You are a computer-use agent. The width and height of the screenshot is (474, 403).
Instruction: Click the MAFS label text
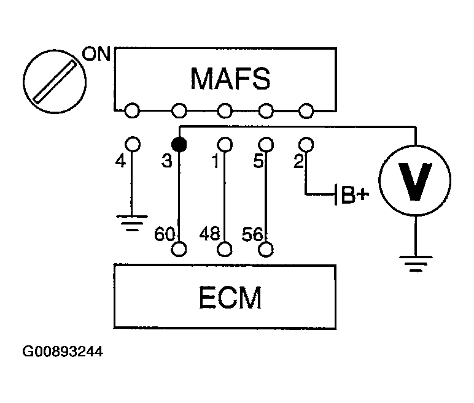[x=230, y=79]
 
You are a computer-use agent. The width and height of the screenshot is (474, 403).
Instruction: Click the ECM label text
[x=230, y=297]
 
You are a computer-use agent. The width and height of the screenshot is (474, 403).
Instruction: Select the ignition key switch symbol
[x=55, y=82]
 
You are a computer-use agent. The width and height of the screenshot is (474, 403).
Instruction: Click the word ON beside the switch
[x=96, y=54]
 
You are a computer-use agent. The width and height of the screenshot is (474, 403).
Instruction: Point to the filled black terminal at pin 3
[x=179, y=144]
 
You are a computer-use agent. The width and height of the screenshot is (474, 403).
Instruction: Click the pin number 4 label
[x=120, y=161]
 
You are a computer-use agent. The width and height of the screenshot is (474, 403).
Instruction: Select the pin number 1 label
[x=216, y=161]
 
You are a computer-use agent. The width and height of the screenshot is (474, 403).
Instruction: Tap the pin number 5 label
[x=258, y=161]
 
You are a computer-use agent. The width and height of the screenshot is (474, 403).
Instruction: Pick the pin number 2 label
[x=298, y=161]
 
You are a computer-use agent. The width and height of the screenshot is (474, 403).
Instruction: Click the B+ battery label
[x=355, y=195]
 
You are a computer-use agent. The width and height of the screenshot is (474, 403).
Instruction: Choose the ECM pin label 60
[x=165, y=234]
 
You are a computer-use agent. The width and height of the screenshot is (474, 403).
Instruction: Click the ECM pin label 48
[x=209, y=233]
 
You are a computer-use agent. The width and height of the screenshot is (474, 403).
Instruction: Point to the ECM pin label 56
[x=253, y=234]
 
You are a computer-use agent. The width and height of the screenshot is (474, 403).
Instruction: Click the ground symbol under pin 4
[x=132, y=223]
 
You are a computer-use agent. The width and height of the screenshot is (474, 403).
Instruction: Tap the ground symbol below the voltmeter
[x=416, y=264]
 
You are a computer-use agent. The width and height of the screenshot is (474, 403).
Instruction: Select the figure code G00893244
[x=63, y=351]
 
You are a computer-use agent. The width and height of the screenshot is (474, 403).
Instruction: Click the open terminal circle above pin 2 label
[x=306, y=144]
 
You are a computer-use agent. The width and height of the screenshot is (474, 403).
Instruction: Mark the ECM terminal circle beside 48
[x=224, y=249]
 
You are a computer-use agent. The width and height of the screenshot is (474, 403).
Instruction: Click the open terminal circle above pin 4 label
[x=133, y=144]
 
